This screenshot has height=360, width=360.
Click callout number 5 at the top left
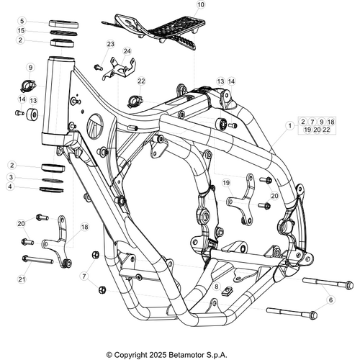point(22,21)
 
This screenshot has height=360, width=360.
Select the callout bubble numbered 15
point(21,30)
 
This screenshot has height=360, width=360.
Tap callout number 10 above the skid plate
point(201,4)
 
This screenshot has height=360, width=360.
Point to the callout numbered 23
point(110,44)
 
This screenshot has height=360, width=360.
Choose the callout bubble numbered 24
point(127,51)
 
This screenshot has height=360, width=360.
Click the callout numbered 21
point(22,279)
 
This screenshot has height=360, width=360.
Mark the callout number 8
point(217,287)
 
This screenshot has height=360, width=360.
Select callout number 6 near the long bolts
point(331,300)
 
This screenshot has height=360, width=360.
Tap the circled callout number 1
point(290,125)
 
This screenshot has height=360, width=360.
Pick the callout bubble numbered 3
point(11,177)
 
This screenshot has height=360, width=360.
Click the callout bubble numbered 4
point(10,186)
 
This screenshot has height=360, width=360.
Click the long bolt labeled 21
point(37,260)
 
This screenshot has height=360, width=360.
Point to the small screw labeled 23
point(99,67)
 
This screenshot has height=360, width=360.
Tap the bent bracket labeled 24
point(119,68)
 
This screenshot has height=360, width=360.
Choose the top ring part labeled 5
point(64,24)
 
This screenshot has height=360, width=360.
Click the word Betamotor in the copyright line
point(186,355)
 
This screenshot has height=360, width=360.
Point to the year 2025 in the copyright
point(158,355)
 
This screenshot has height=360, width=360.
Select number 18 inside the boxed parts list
point(331,122)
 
